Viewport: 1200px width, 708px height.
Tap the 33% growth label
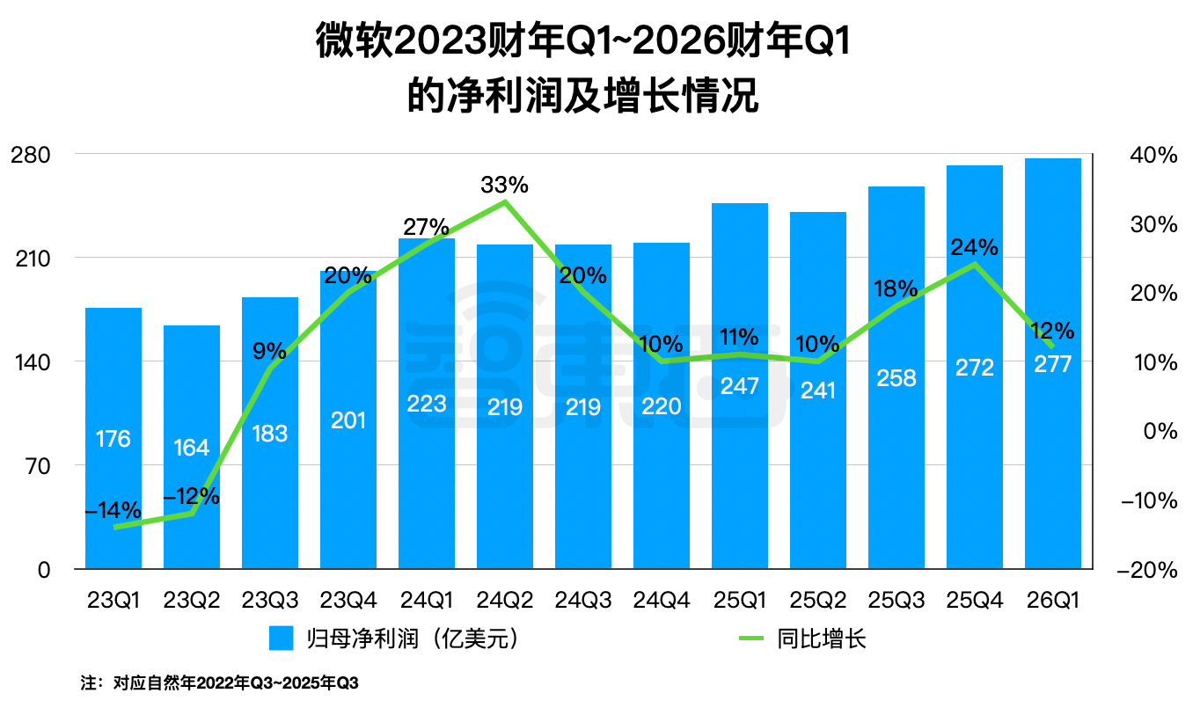504,186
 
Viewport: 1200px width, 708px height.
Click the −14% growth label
113,510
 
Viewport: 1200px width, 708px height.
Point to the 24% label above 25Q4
974,247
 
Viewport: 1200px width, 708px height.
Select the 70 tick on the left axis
40,466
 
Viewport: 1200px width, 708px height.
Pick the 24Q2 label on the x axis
504,600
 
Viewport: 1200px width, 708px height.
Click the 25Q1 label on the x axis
739,600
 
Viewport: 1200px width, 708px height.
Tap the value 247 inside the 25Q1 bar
739,385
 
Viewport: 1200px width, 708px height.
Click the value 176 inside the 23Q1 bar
113,438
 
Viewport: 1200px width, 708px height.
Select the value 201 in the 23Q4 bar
348,420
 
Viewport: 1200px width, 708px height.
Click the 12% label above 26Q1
1052,331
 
